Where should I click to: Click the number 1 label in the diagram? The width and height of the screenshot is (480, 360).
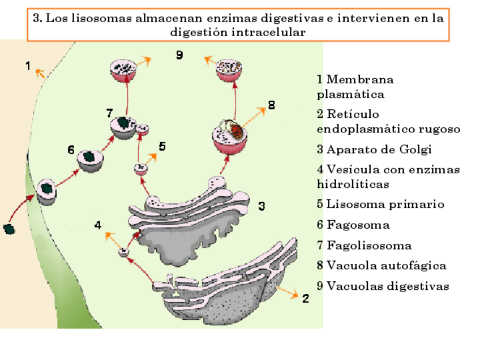[x=28, y=66]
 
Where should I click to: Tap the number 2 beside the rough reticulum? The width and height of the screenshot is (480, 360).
[x=305, y=298]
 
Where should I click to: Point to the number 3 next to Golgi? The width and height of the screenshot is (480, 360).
[x=262, y=206]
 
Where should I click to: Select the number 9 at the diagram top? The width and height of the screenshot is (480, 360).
[x=179, y=55]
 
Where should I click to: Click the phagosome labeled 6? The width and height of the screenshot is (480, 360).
[x=90, y=160]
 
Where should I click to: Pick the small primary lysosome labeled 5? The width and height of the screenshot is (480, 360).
[x=140, y=168]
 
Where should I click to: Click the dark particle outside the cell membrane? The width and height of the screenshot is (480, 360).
[x=9, y=229]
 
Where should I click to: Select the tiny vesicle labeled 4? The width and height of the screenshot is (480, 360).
[x=123, y=252]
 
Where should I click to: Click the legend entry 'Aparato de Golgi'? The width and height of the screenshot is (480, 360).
[x=374, y=150]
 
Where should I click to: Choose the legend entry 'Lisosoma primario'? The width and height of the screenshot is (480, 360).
[x=380, y=204]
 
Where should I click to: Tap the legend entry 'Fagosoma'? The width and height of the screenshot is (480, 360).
[x=353, y=225]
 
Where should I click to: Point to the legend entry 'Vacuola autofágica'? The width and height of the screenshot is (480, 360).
[x=382, y=265]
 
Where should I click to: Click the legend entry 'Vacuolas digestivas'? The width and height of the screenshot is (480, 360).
[x=383, y=286]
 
